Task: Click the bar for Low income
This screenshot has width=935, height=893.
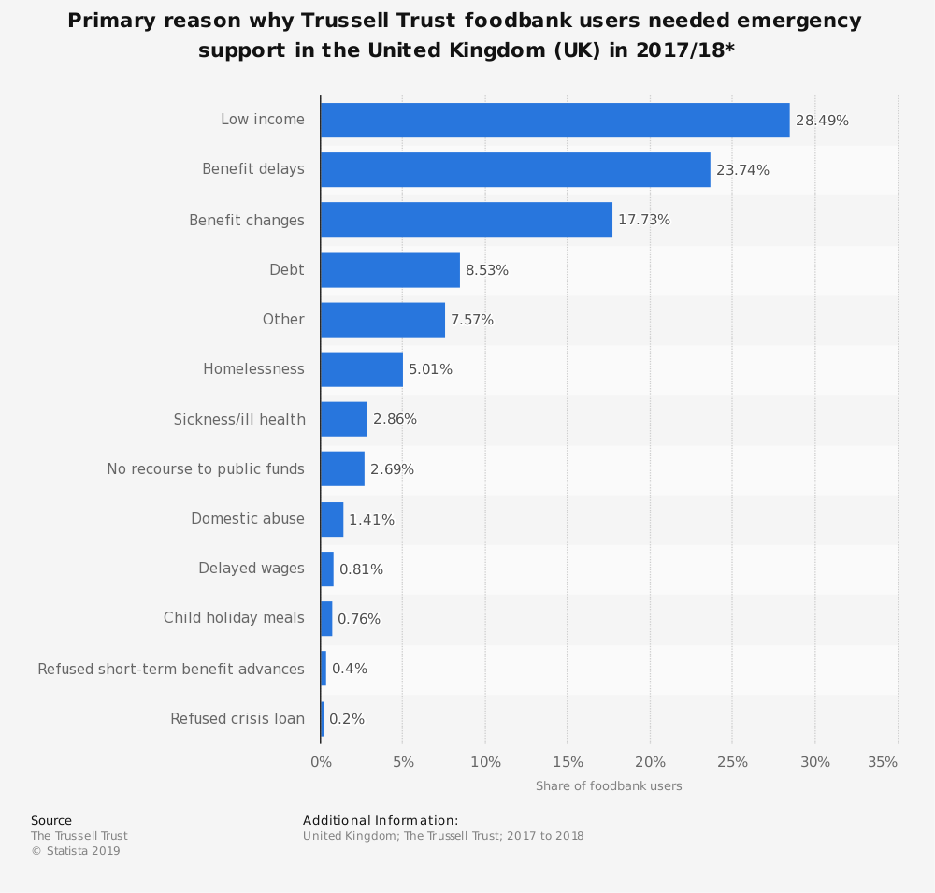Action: tap(554, 121)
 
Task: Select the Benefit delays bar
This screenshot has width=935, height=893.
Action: tap(515, 170)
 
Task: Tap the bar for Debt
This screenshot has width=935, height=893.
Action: tap(390, 270)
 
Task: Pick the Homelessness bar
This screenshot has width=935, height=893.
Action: tap(362, 369)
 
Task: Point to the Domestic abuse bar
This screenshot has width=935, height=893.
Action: tap(332, 519)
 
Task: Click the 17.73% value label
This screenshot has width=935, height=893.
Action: tap(644, 221)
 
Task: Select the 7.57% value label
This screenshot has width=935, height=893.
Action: tap(472, 320)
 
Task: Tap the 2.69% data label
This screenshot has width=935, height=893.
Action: tap(392, 469)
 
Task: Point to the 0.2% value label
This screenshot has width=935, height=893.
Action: tap(347, 719)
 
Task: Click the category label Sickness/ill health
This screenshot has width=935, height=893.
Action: tap(239, 419)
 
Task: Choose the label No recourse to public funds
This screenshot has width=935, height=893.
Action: tap(206, 469)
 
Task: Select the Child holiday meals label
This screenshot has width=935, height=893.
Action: tap(234, 618)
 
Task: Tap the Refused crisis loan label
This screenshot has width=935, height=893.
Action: tap(237, 719)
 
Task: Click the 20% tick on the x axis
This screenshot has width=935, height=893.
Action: tap(650, 762)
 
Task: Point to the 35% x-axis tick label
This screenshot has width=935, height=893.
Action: tap(883, 762)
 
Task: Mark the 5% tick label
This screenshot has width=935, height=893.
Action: tap(403, 762)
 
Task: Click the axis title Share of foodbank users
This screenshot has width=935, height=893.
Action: tap(609, 786)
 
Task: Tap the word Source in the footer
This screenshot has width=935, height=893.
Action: tap(51, 821)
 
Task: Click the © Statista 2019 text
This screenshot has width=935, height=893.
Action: tap(76, 851)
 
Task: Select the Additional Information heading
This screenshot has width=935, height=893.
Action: tap(381, 821)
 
